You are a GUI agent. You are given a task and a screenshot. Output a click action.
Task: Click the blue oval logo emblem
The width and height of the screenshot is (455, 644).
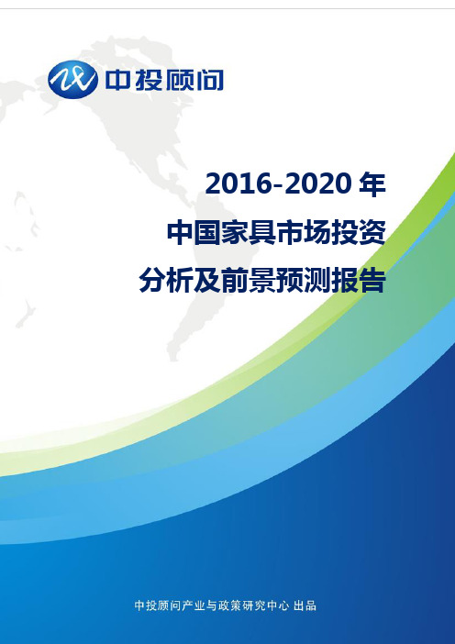coord(72,79)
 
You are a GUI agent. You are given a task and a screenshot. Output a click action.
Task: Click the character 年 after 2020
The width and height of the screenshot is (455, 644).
coord(372,184)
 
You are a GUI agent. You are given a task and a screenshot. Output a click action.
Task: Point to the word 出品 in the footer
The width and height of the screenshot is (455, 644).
coord(305,605)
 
